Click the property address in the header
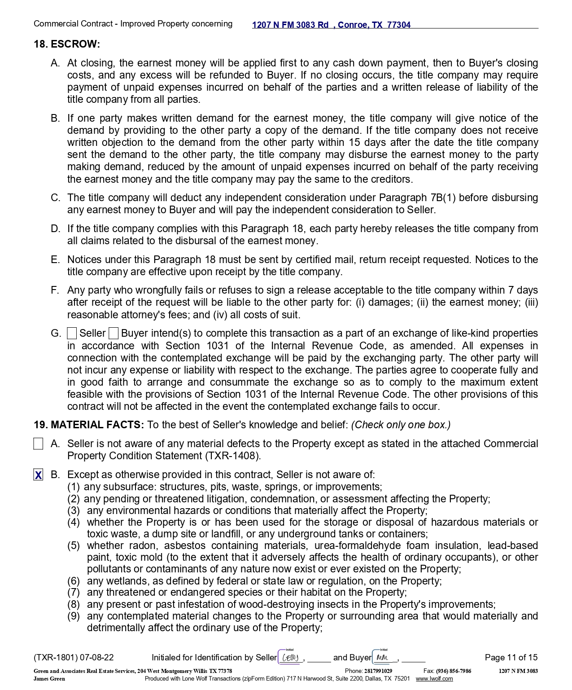331,25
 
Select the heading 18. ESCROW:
67,44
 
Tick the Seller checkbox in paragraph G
72,334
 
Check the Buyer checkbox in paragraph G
114,334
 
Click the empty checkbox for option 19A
39,444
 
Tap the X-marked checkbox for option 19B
39,475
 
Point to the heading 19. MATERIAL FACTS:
89,425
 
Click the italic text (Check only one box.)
401,425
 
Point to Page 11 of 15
511,658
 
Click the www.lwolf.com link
434,679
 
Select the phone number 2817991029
378,671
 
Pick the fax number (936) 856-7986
454,671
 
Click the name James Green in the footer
49,679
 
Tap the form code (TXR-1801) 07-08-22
74,658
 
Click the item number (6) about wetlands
74,581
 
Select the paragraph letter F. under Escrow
55,290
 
